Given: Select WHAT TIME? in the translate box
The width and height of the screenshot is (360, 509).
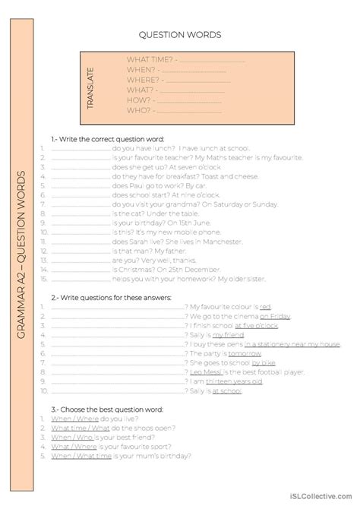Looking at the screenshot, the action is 149,58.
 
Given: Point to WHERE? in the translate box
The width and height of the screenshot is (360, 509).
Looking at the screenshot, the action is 143,78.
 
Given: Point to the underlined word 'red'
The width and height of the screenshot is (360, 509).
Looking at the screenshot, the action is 265,306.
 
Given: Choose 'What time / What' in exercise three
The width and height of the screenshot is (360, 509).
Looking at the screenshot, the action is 80,427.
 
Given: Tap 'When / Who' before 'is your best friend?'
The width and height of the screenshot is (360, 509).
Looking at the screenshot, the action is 71,437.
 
